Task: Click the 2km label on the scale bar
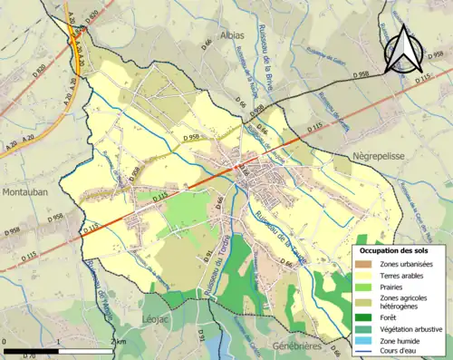[117, 341]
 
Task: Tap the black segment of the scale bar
[31, 349]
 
